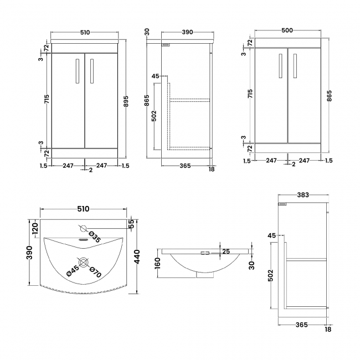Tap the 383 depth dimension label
point(302,196)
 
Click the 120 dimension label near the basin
point(35,229)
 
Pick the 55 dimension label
point(131,224)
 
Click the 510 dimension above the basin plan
point(83,209)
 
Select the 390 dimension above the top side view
point(187,33)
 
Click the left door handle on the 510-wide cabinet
point(76,71)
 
